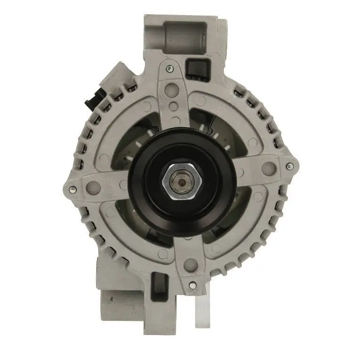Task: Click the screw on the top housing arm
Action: point(170,69)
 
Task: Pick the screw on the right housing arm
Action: point(289,166)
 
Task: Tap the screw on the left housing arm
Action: point(72,190)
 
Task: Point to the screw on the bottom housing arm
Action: point(192,285)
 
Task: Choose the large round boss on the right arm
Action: point(269,168)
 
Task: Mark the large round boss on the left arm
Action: point(93,187)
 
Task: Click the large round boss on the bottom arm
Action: point(190,264)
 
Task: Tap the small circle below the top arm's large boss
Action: point(174,107)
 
